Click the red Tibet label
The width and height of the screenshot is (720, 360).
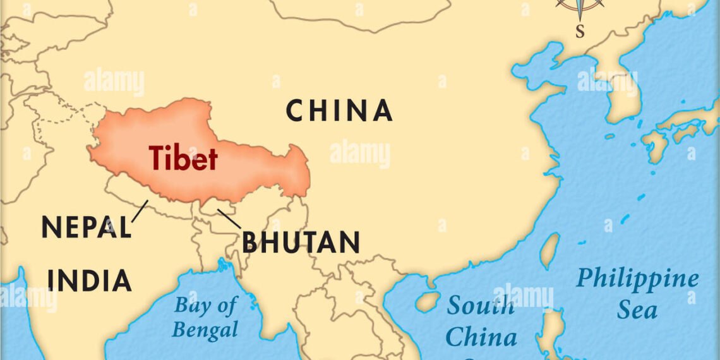click(x=183, y=158)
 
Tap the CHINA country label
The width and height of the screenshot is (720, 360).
click(x=339, y=111)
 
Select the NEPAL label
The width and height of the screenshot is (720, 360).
click(x=86, y=227)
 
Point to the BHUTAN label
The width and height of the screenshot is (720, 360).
click(x=301, y=243)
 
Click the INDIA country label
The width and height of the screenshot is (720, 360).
click(x=90, y=280)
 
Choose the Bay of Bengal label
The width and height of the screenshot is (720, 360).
click(x=205, y=317)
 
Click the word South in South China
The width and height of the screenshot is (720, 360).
click(x=480, y=307)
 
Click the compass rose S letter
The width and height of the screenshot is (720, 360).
click(x=580, y=30)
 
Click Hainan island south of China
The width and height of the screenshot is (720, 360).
click(x=428, y=301)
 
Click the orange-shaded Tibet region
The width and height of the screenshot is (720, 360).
click(x=253, y=171)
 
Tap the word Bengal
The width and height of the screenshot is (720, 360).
click(x=205, y=329)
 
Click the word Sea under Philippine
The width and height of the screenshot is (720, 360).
click(x=637, y=310)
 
